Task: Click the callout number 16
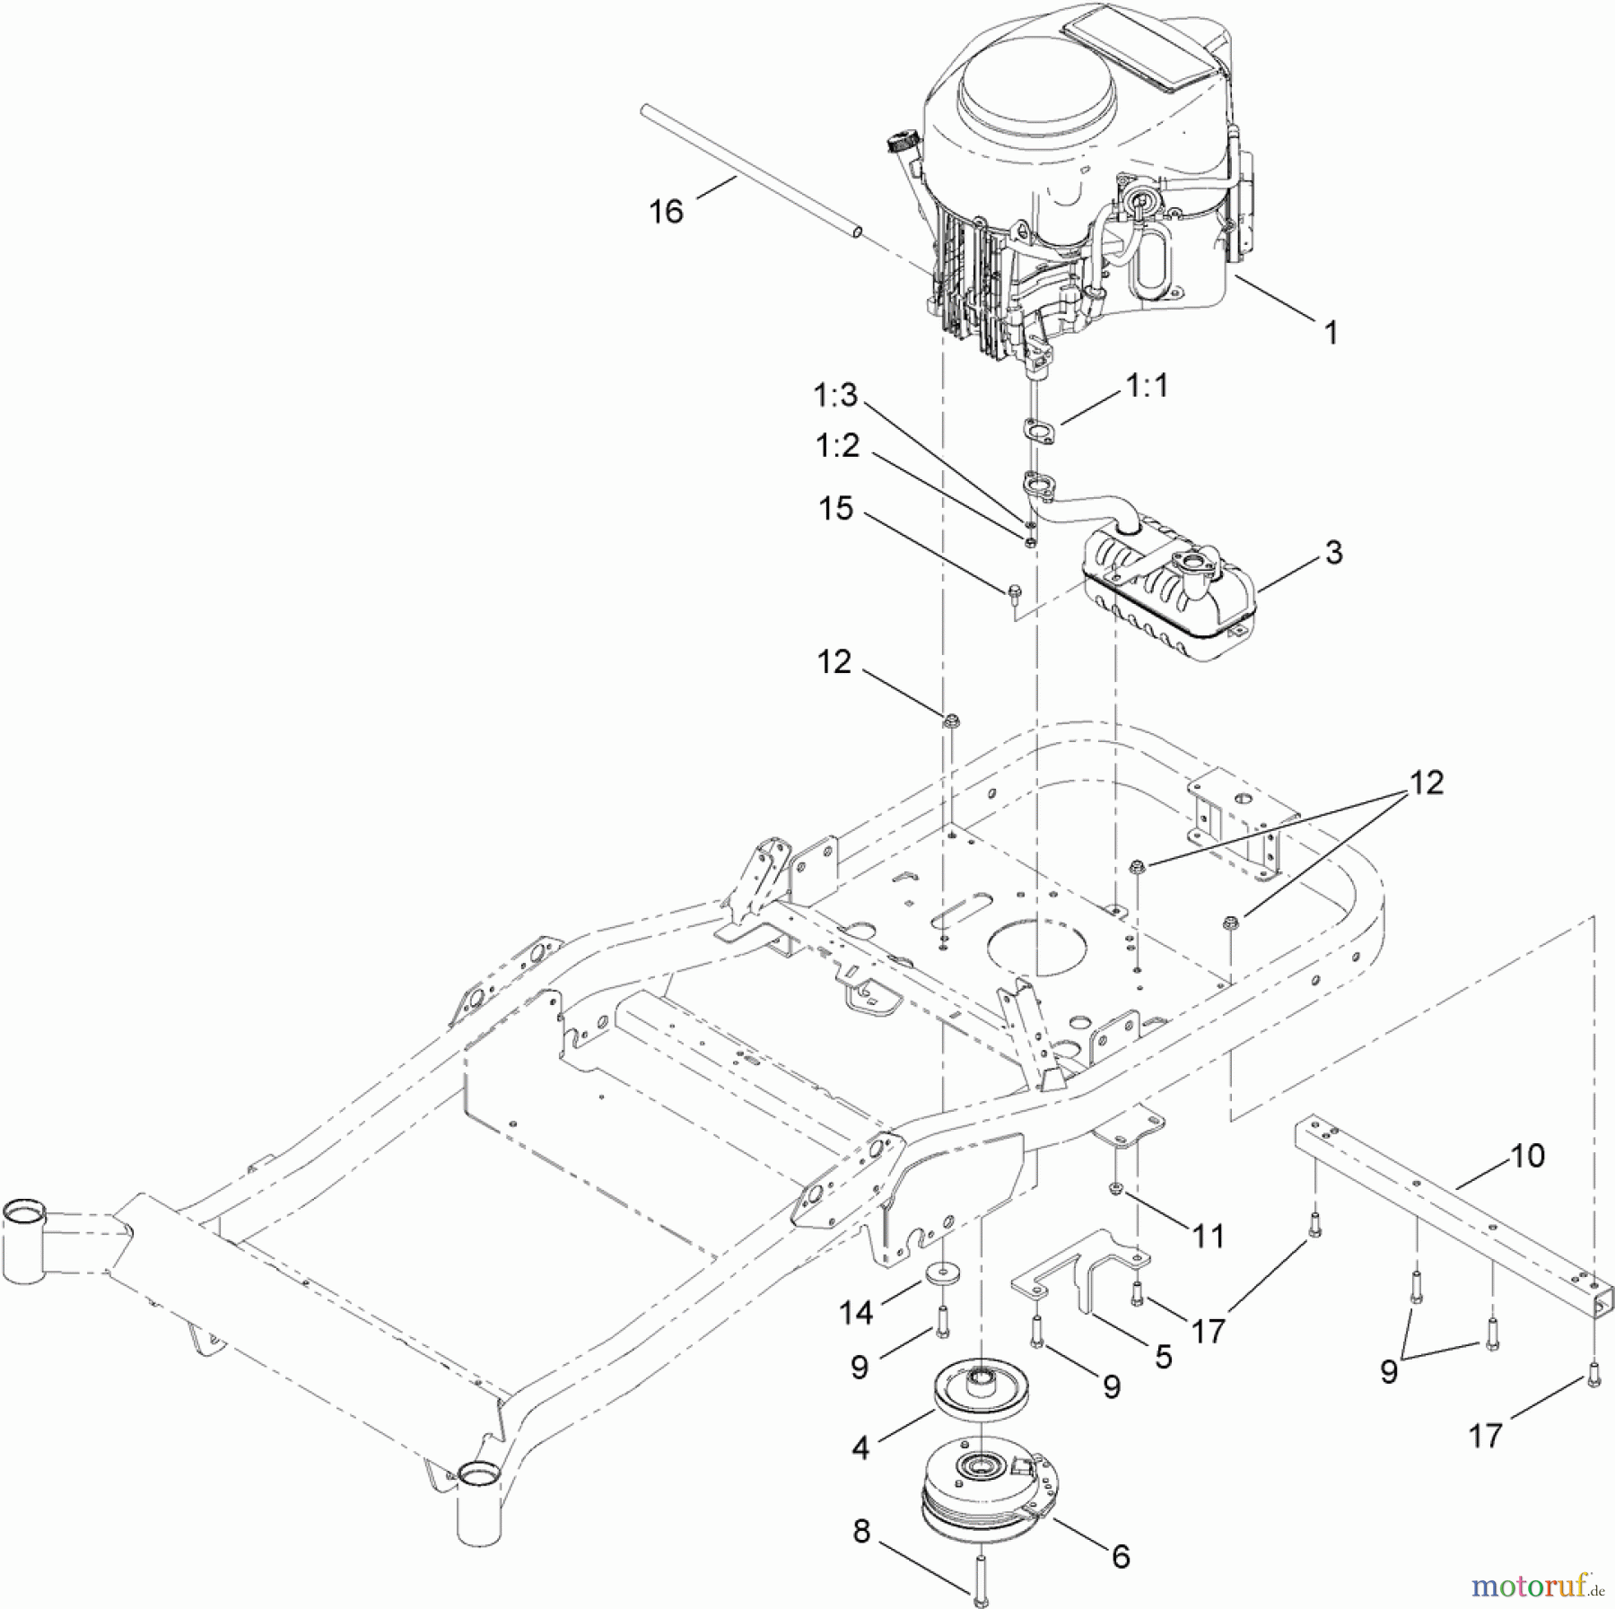(666, 212)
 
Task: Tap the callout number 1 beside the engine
(1331, 332)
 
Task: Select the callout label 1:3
(835, 395)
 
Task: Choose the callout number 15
(835, 509)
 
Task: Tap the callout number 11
(1209, 1237)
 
